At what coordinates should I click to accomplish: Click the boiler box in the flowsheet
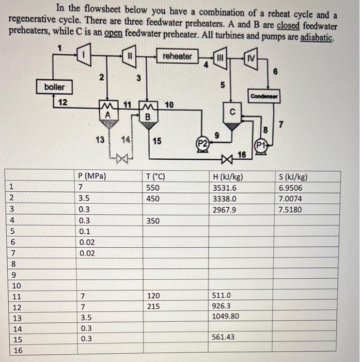pyautogui.click(x=54, y=87)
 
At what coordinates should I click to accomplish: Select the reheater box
pyautogui.click(x=177, y=56)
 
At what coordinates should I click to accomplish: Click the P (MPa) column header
pyautogui.click(x=91, y=176)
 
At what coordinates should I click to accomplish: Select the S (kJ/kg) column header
pyautogui.click(x=293, y=176)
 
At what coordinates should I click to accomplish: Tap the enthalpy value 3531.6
pyautogui.click(x=225, y=188)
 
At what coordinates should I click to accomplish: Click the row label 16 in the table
pyautogui.click(x=17, y=350)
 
